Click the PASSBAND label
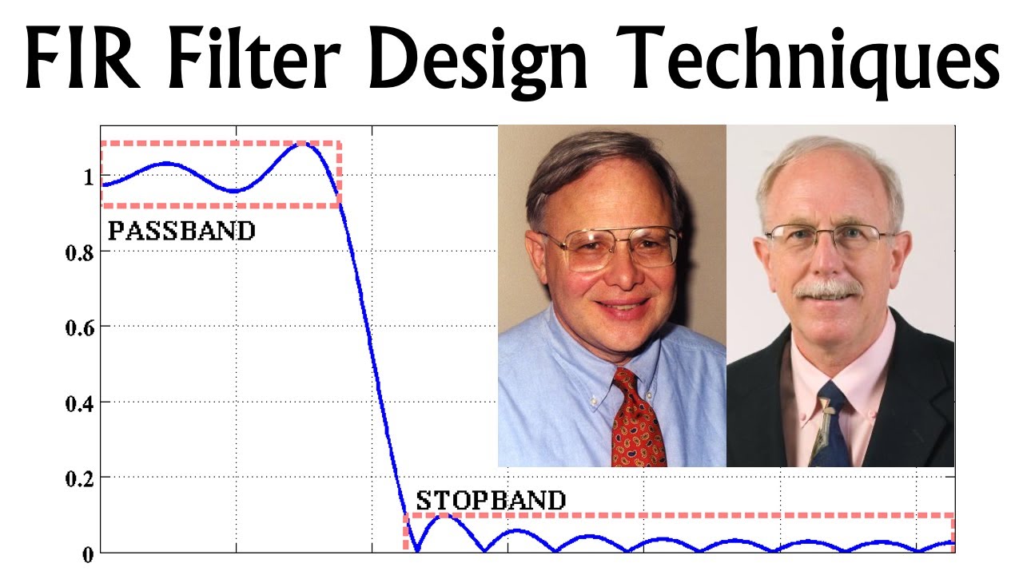pyautogui.click(x=181, y=232)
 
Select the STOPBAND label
pyautogui.click(x=491, y=501)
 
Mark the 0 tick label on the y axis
pyautogui.click(x=87, y=553)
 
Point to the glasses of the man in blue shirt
pyautogui.click(x=611, y=247)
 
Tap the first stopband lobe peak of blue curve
pyautogui.click(x=445, y=517)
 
